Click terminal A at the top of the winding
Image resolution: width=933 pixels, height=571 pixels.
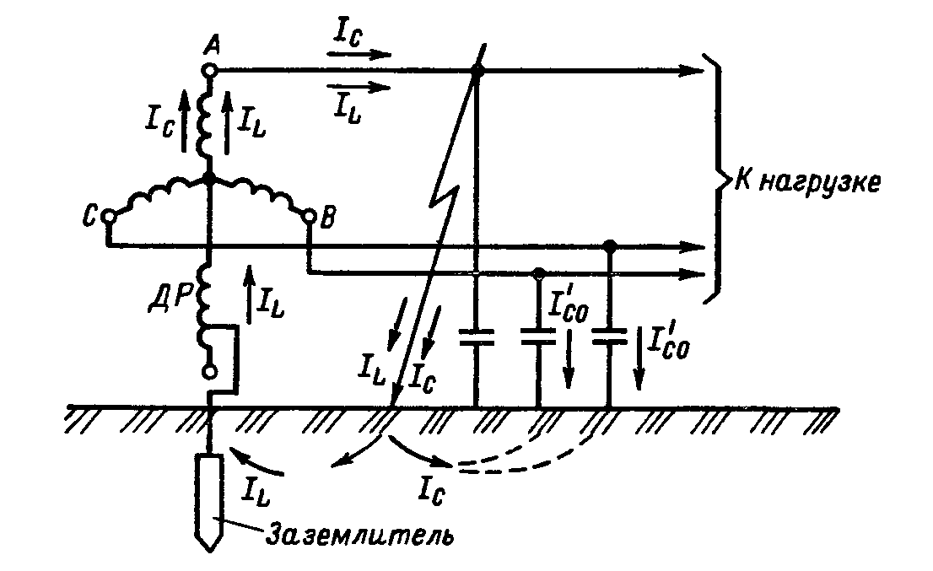(208, 73)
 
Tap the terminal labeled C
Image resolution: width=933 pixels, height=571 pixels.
(109, 217)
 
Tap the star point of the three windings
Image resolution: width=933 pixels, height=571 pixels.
(208, 179)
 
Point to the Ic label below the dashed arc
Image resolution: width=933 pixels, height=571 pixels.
(430, 488)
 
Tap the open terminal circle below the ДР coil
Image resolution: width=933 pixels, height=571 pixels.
(208, 372)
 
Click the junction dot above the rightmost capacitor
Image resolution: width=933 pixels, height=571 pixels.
(610, 246)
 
